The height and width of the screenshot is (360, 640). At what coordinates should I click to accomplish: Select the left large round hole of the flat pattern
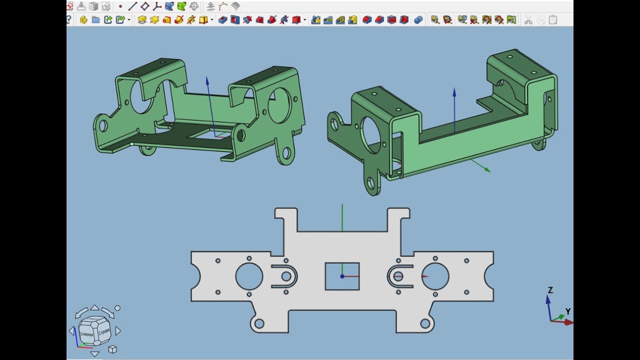point(249,276)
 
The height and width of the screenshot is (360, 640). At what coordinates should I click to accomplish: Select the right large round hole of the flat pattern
point(435,276)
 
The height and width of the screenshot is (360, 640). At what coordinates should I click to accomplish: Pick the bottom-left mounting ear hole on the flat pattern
point(259,324)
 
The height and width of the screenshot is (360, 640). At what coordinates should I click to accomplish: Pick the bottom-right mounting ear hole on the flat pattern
point(425,324)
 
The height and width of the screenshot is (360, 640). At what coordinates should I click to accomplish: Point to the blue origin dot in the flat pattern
point(342,276)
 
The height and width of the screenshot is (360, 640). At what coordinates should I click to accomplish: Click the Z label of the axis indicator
point(550,290)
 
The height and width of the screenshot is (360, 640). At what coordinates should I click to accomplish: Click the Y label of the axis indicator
point(568,311)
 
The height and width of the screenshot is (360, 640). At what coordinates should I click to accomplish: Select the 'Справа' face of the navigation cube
point(104,331)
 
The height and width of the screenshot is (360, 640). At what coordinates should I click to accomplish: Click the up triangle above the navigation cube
point(94,307)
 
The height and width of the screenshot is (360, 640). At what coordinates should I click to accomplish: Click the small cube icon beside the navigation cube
point(112,349)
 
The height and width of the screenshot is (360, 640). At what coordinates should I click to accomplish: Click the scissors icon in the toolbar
point(528,20)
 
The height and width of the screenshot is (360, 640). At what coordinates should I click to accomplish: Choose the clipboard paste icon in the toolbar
point(552,20)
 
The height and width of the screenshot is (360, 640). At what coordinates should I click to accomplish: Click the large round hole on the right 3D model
point(371,135)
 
